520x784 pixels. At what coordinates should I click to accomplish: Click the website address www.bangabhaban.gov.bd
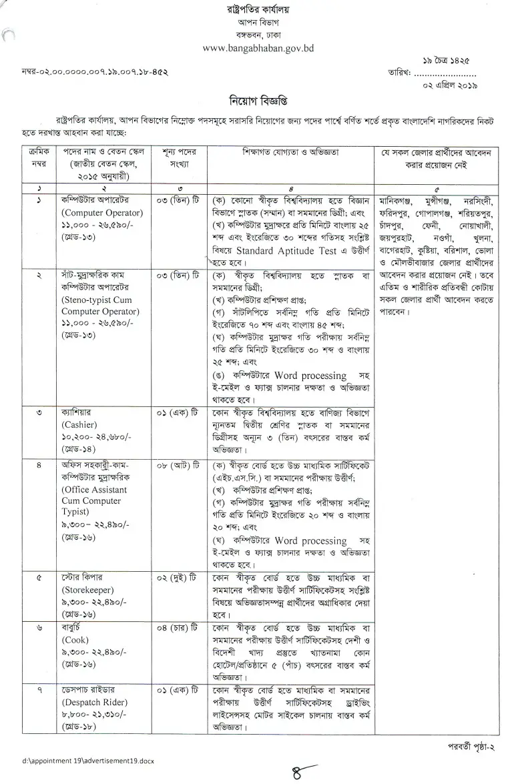click(257, 49)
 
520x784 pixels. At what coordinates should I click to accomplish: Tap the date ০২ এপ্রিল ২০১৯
click(452, 86)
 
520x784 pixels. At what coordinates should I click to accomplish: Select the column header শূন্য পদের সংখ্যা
click(177, 159)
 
